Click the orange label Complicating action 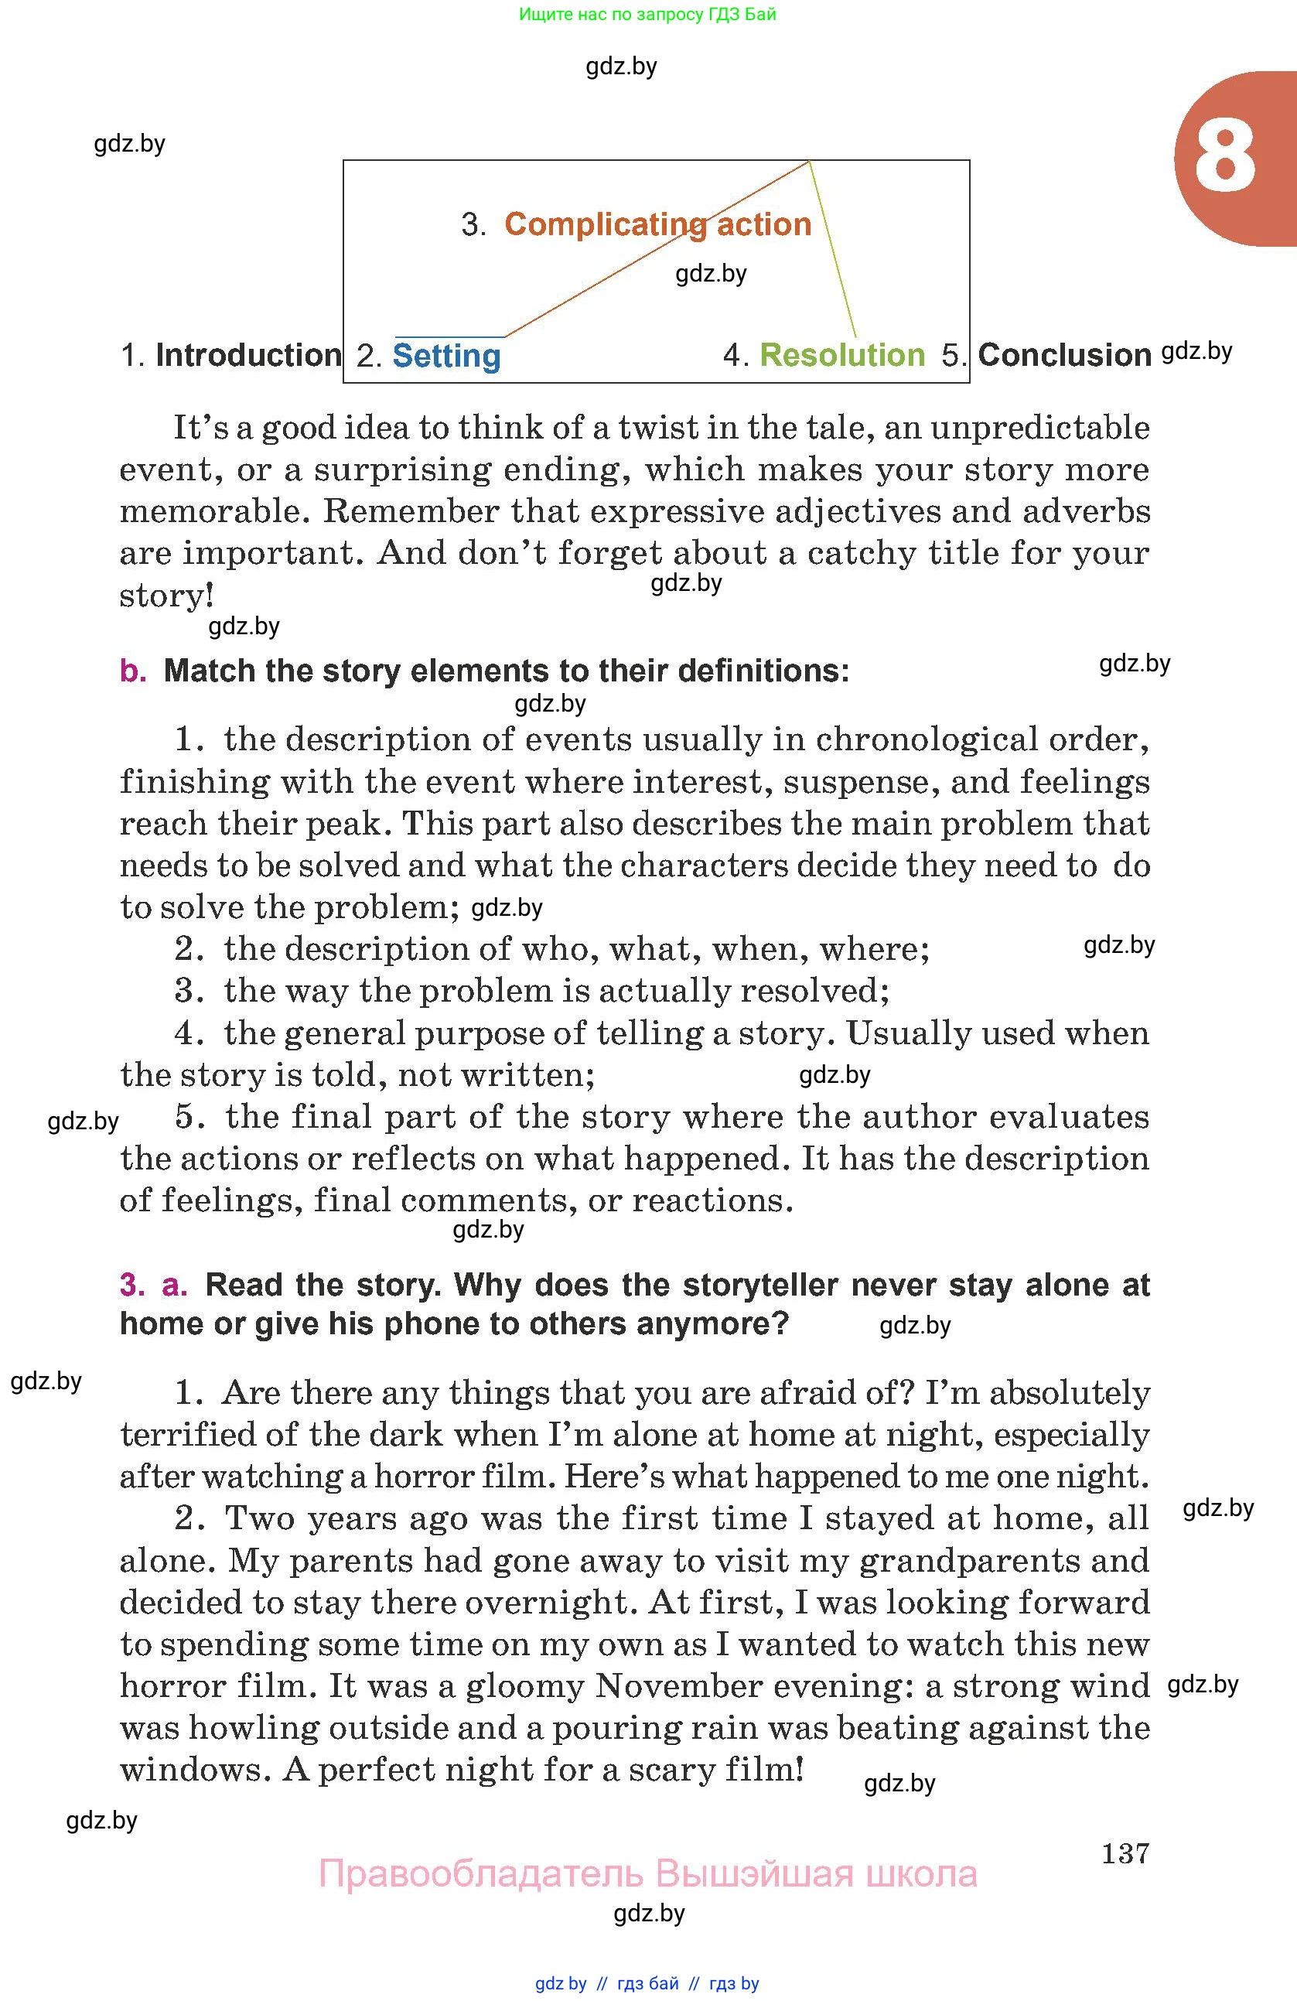pyautogui.click(x=657, y=224)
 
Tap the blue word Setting pyautogui.click(x=446, y=356)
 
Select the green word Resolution pyautogui.click(x=841, y=355)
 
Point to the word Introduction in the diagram pyautogui.click(x=248, y=355)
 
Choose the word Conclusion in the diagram pyautogui.click(x=1064, y=355)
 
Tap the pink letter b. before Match pyautogui.click(x=133, y=671)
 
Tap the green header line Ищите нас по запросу pyautogui.click(x=647, y=13)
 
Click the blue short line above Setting pyautogui.click(x=449, y=336)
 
